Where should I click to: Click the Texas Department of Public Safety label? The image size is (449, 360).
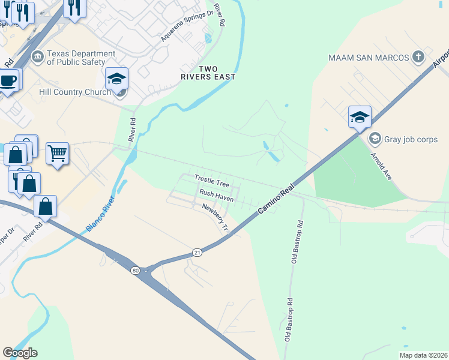80,57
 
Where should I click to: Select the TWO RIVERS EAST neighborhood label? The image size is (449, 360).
208,73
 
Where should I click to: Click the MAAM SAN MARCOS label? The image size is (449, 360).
369,58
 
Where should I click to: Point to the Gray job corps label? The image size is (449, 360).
411,139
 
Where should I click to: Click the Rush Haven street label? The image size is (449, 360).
216,194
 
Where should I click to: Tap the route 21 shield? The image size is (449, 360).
197,253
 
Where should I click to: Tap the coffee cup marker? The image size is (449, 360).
8,79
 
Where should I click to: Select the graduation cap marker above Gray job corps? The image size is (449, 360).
360,116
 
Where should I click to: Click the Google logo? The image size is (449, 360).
20,353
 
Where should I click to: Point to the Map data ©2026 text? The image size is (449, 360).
423,355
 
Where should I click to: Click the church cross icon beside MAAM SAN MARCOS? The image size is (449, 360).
418,58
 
